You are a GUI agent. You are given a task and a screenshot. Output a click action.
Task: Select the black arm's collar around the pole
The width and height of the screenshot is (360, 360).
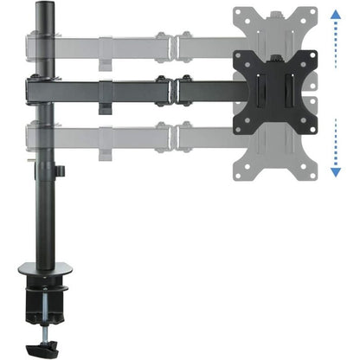point(41,90)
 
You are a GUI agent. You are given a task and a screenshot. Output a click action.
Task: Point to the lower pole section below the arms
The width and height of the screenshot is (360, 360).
point(41,216)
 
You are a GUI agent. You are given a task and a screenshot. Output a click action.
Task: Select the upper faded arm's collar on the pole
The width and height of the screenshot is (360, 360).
point(41,43)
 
